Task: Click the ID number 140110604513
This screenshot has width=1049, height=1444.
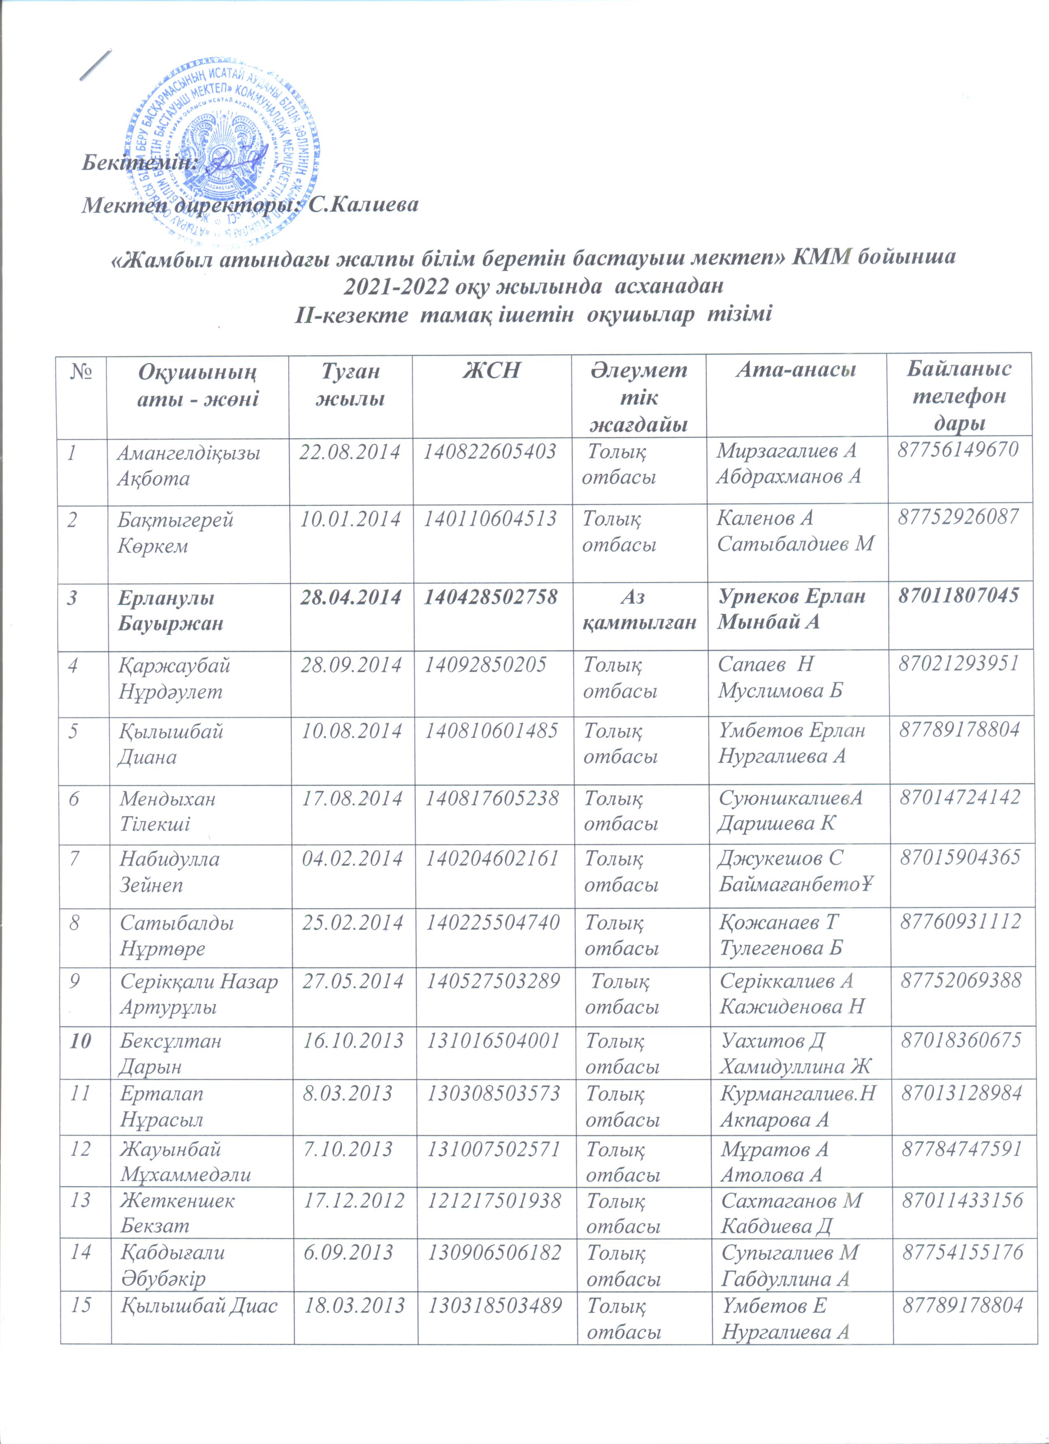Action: point(491,519)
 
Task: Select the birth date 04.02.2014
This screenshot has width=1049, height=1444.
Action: point(352,858)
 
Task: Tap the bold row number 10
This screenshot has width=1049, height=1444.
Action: point(81,1041)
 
